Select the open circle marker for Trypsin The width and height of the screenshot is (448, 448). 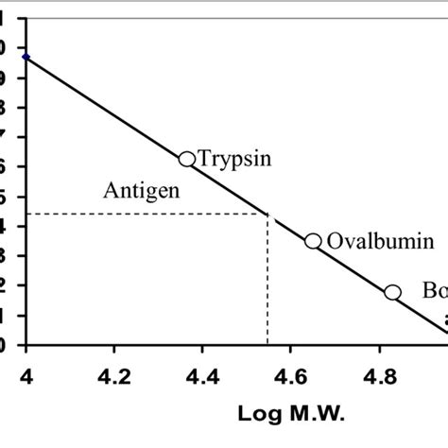point(187,160)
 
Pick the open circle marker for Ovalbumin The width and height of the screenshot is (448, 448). point(313,241)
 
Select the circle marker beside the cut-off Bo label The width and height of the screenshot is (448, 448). point(392,292)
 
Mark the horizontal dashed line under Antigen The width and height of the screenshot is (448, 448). point(142,214)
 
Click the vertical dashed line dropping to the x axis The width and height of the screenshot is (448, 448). point(267,284)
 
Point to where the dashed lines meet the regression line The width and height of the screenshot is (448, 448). point(267,214)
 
